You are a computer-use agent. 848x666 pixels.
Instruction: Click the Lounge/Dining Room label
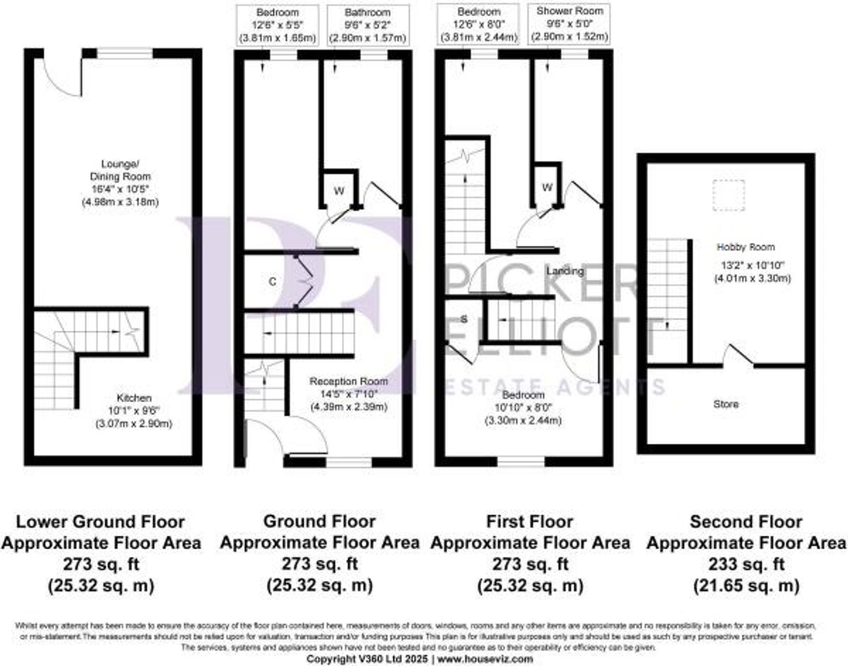[x=120, y=170]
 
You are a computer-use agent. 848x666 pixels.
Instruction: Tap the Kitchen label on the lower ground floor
[x=134, y=398]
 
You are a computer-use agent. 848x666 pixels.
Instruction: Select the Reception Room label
[x=349, y=381]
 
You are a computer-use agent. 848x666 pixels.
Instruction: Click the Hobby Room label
[x=745, y=247]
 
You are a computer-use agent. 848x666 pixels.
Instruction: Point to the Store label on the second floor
[x=726, y=404]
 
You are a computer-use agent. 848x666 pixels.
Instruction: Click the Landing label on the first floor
[x=565, y=271]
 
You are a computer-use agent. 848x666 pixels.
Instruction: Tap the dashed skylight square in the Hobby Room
[x=728, y=195]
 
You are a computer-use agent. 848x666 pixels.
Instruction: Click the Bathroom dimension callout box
[x=368, y=25]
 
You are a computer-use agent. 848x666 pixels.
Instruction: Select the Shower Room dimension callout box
[x=569, y=24]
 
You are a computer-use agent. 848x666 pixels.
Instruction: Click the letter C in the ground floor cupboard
[x=273, y=282]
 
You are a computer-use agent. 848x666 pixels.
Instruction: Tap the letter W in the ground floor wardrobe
[x=339, y=191]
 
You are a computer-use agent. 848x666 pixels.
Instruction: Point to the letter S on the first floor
[x=464, y=319]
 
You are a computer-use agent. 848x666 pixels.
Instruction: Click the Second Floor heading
[x=746, y=522]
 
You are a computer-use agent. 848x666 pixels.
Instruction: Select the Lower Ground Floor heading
[x=100, y=522]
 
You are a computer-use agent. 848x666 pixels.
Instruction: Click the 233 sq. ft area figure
[x=746, y=564]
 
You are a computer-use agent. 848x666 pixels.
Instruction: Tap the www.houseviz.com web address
[x=485, y=659]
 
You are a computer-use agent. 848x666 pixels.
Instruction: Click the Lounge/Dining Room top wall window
[x=125, y=53]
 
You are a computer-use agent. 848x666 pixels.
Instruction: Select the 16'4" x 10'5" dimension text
[x=120, y=189]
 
